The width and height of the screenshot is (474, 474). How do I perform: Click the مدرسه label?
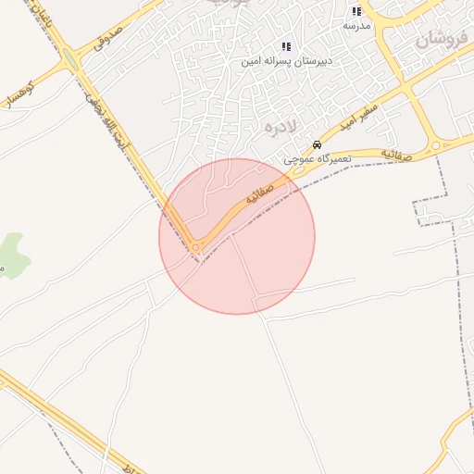pos(356,25)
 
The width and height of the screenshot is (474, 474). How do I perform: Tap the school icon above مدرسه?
pos(356,11)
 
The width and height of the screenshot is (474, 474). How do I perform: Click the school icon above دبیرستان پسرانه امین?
pos(286,46)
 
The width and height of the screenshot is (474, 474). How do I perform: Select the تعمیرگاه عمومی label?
pos(315,159)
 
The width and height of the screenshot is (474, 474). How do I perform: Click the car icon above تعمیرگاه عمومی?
pos(317,145)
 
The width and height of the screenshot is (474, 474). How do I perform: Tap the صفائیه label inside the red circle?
pos(258,194)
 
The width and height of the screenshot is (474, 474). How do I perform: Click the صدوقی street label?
pos(109,36)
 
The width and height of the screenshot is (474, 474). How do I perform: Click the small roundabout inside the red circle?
pos(195,247)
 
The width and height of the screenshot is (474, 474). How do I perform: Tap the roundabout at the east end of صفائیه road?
pos(435,145)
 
